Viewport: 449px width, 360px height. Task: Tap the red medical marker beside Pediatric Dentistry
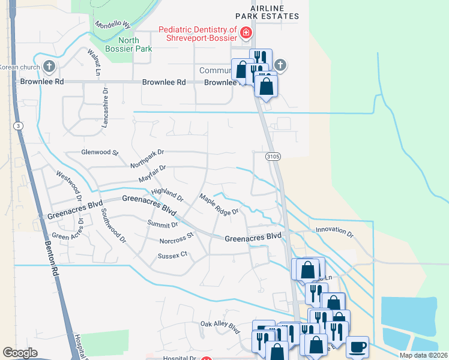pyautogui.click(x=245, y=32)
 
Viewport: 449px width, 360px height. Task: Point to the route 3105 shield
pyautogui.click(x=273, y=157)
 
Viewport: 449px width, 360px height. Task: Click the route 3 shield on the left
pyautogui.click(x=19, y=125)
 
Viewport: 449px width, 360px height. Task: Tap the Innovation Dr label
pyautogui.click(x=334, y=231)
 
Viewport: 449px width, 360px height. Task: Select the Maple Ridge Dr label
pyautogui.click(x=219, y=204)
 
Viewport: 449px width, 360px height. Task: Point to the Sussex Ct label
pyautogui.click(x=173, y=255)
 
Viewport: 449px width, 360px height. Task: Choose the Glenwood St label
pyautogui.click(x=100, y=153)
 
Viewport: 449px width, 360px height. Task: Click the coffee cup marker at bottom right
pyautogui.click(x=358, y=346)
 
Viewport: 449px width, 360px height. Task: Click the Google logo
pyautogui.click(x=20, y=353)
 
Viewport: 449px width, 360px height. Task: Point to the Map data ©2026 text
pyautogui.click(x=423, y=355)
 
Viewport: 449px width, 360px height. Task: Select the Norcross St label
pyautogui.click(x=177, y=238)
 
